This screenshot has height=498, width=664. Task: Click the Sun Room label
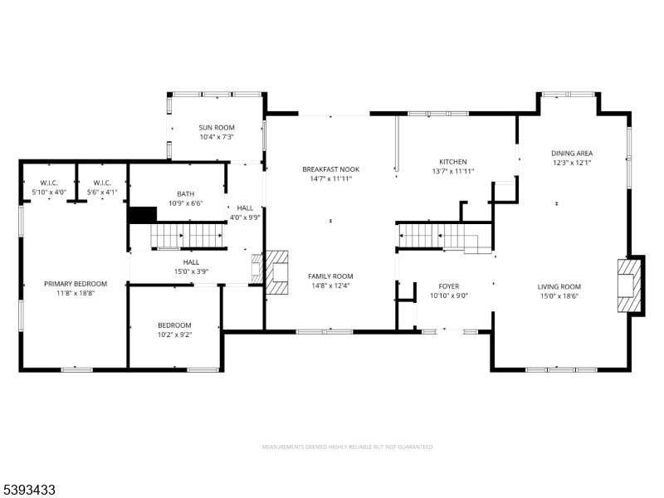(x=217, y=128)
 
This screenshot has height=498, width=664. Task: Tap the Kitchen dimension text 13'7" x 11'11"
(x=452, y=171)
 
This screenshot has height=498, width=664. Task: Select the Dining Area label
(x=572, y=154)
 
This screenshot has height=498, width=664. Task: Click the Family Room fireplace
(x=277, y=272)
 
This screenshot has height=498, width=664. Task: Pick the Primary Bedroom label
(x=76, y=284)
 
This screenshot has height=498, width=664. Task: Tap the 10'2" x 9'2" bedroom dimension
(x=174, y=334)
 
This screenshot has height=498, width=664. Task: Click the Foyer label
(x=449, y=286)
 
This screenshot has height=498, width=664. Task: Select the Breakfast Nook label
(x=330, y=169)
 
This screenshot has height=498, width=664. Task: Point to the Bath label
(x=185, y=194)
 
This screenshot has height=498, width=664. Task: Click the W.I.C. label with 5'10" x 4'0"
(x=49, y=183)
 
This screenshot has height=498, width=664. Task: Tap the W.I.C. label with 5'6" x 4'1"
(x=102, y=183)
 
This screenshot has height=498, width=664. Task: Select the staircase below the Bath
(x=187, y=235)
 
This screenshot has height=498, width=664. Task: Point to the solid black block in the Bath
(x=143, y=214)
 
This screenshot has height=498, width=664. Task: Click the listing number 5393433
(x=28, y=490)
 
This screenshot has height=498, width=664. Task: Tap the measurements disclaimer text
(x=348, y=447)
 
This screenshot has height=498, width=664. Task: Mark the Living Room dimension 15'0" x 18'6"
(x=559, y=296)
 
